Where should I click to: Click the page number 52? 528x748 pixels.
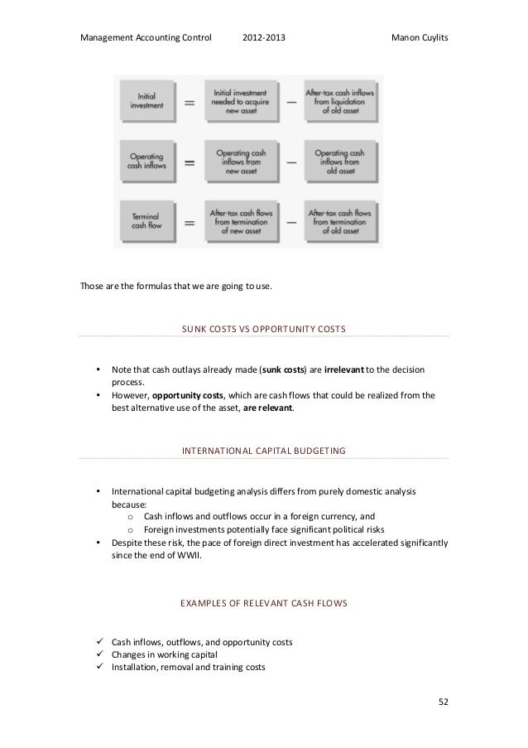click(443, 703)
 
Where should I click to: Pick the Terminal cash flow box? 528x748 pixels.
click(146, 221)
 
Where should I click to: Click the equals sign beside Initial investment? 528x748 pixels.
click(189, 102)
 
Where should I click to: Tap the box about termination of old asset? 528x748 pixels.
click(340, 221)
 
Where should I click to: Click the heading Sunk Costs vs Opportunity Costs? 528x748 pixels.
click(263, 329)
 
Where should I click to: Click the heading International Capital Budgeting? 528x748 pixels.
click(263, 451)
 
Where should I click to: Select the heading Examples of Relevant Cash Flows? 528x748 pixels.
click(263, 604)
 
